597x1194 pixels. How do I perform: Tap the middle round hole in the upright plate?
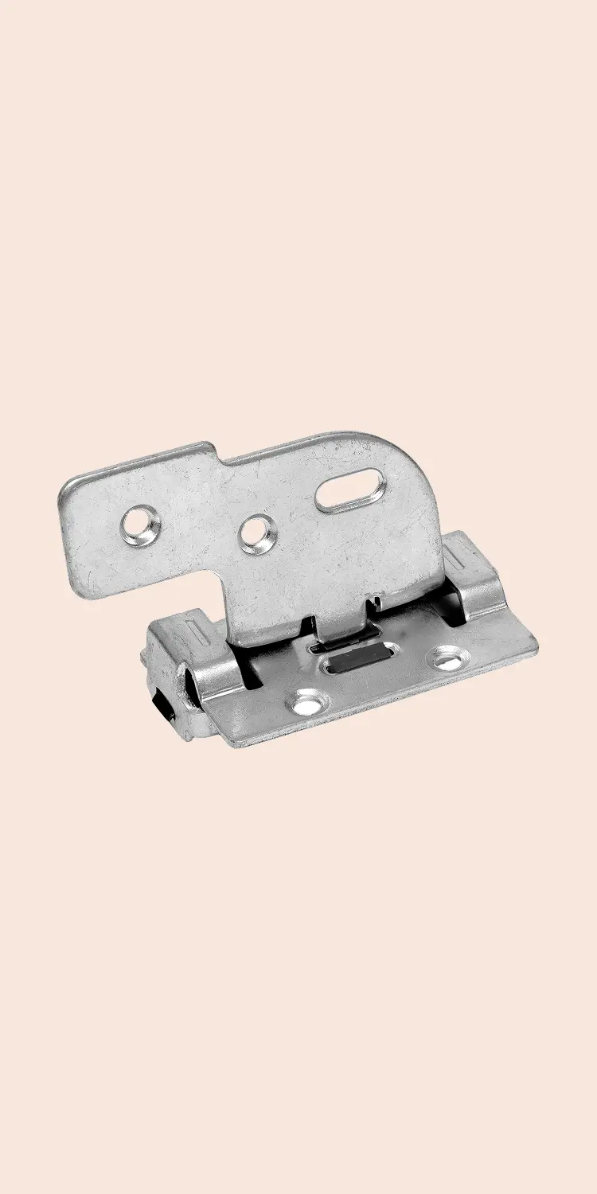pyautogui.click(x=257, y=533)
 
